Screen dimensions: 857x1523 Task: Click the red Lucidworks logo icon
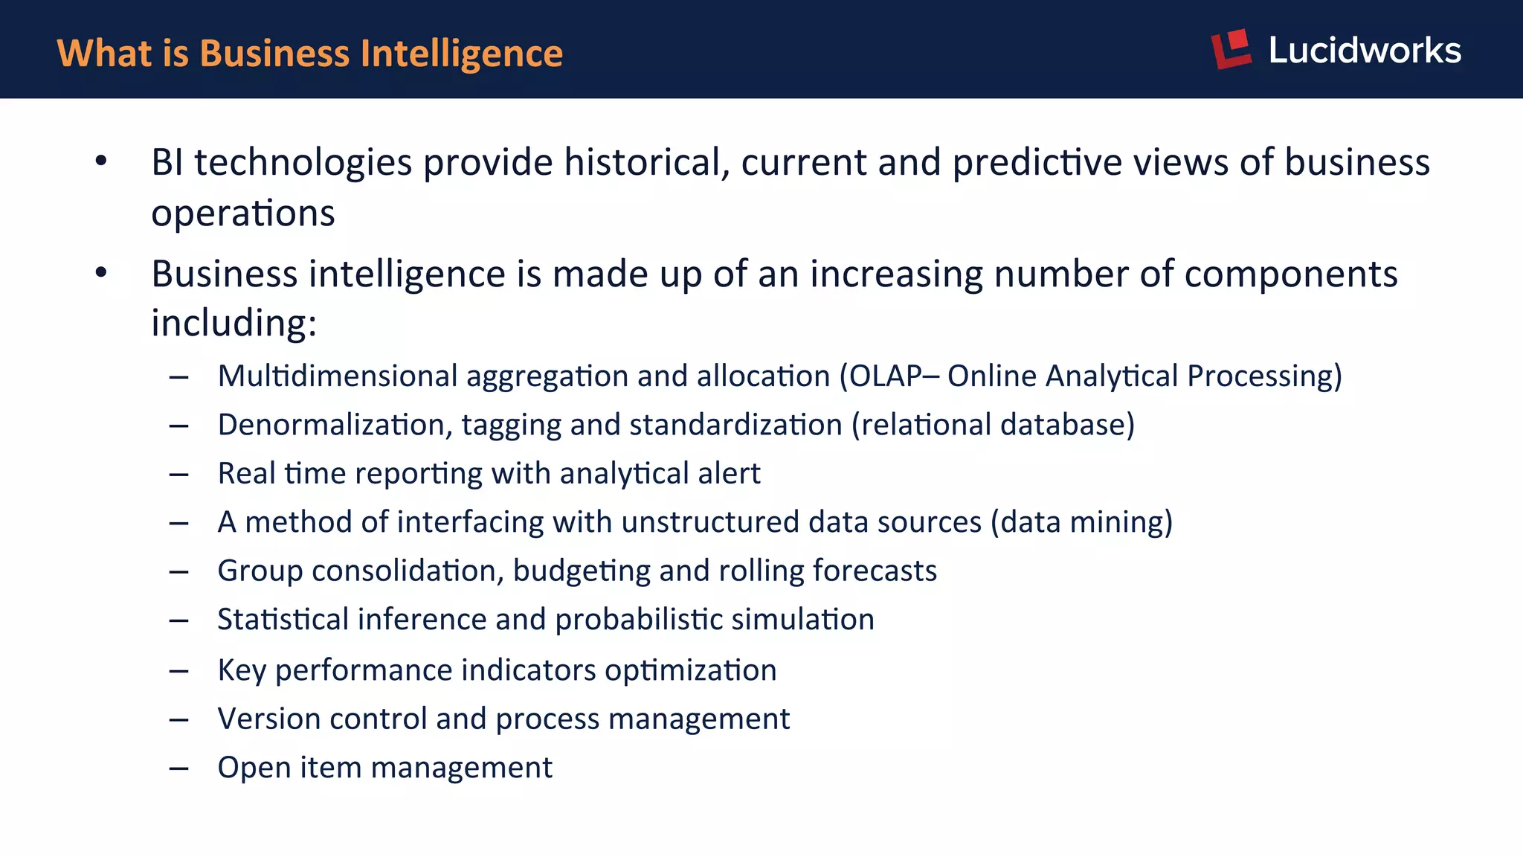click(1231, 49)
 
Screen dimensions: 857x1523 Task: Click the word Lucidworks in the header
click(1365, 51)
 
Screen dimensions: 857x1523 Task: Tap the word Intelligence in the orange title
click(461, 54)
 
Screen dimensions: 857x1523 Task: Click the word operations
click(243, 214)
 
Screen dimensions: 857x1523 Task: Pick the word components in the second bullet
click(1291, 274)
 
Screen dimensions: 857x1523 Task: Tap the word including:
click(234, 324)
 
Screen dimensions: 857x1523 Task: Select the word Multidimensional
click(337, 376)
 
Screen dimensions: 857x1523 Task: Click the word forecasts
click(875, 571)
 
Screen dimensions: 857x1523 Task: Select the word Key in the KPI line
click(242, 670)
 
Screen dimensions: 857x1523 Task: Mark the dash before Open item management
click(178, 768)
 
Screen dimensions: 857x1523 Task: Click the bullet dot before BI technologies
click(101, 161)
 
